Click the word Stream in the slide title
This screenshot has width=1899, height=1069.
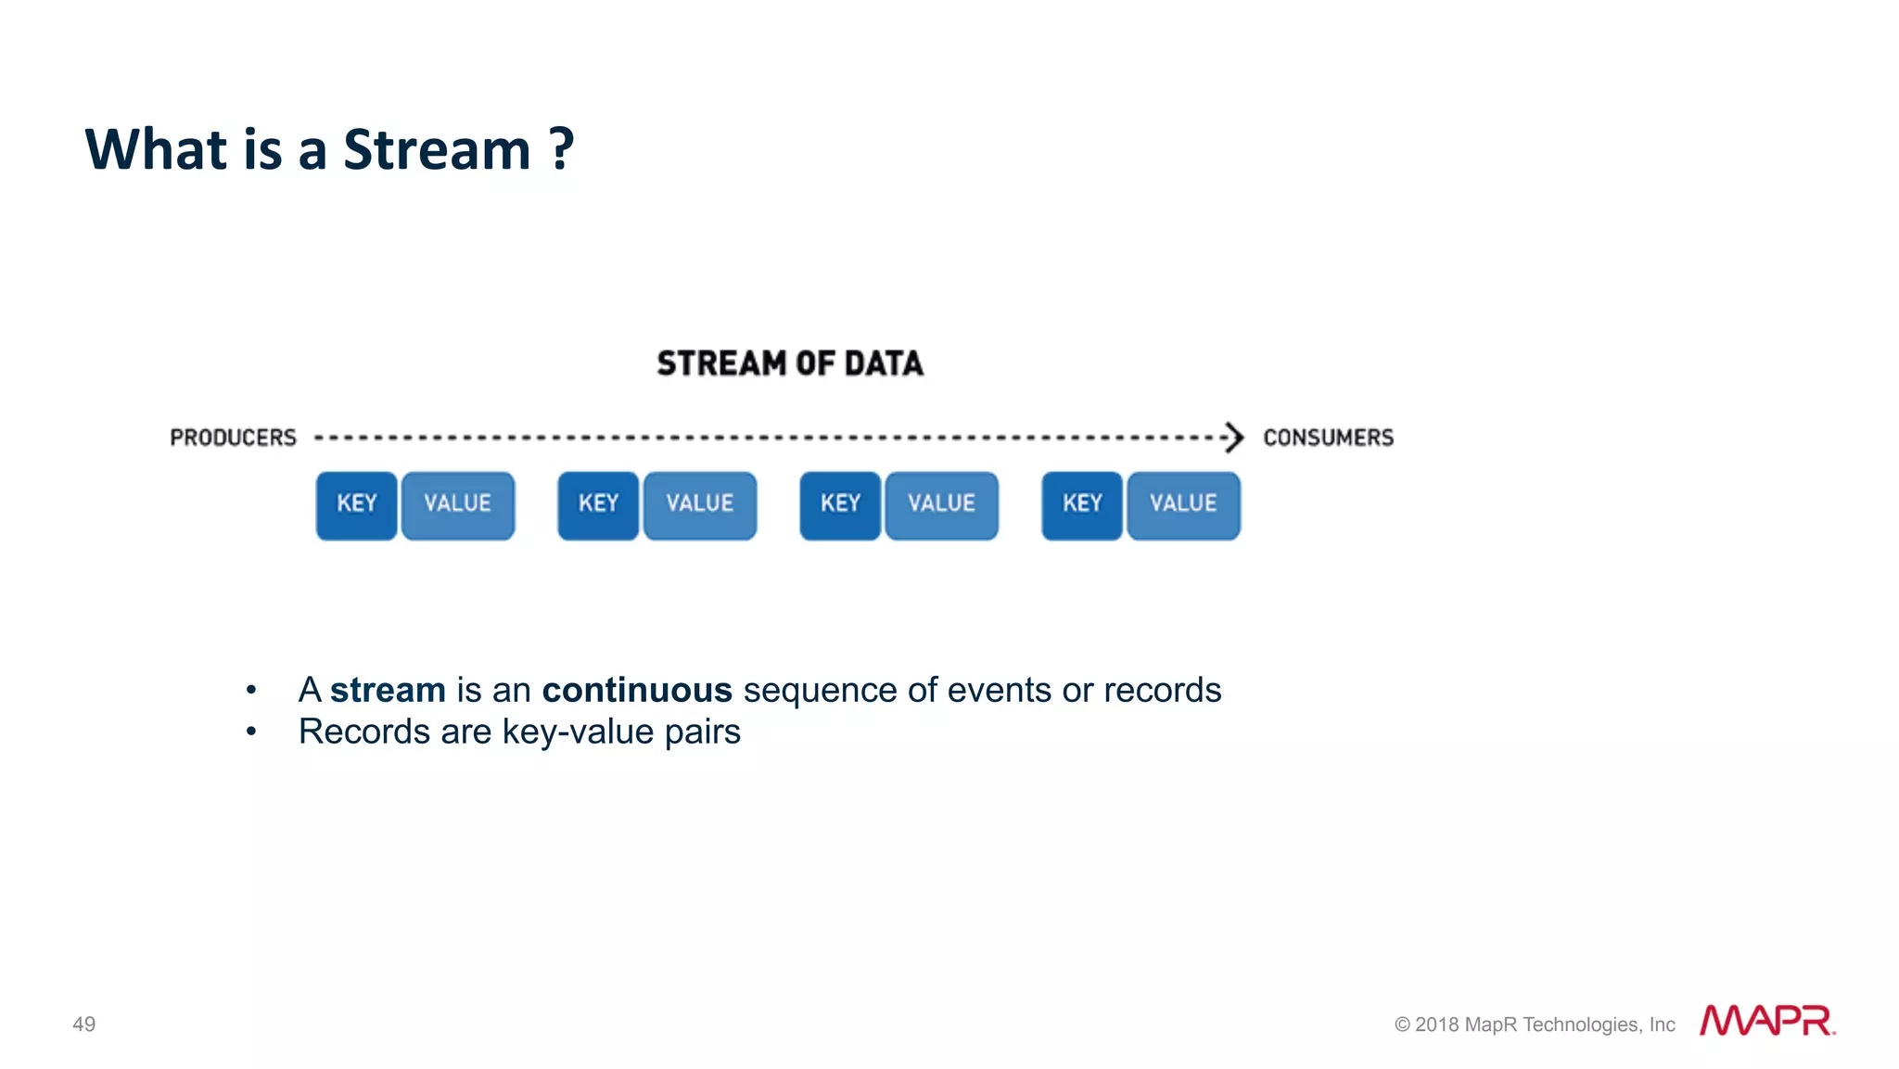pos(436,149)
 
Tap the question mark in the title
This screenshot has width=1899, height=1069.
pos(561,149)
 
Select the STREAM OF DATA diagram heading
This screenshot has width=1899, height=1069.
pos(790,363)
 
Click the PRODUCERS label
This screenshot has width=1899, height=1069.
pos(233,438)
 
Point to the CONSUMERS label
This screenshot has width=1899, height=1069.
pos(1328,438)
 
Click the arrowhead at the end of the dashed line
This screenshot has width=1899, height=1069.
pos(1233,437)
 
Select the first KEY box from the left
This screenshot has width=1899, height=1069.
pos(356,505)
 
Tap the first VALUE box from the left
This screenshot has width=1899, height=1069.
pos(457,505)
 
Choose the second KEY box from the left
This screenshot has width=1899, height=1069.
pos(598,505)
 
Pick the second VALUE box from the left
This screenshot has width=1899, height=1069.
pos(700,505)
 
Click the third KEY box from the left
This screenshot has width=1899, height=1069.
pos(840,505)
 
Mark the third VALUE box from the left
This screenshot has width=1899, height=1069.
pos(941,505)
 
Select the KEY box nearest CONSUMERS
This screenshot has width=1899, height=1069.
pos(1082,505)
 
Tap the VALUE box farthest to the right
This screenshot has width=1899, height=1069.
pos(1183,505)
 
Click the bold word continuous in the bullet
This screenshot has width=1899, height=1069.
pos(637,691)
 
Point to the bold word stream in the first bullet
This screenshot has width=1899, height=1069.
pos(388,691)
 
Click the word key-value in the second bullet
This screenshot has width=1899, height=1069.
pos(578,732)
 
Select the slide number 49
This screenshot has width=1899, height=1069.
pos(83,1024)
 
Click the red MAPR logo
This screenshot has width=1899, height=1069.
pos(1765,1021)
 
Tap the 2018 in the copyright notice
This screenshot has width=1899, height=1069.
pos(1436,1024)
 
